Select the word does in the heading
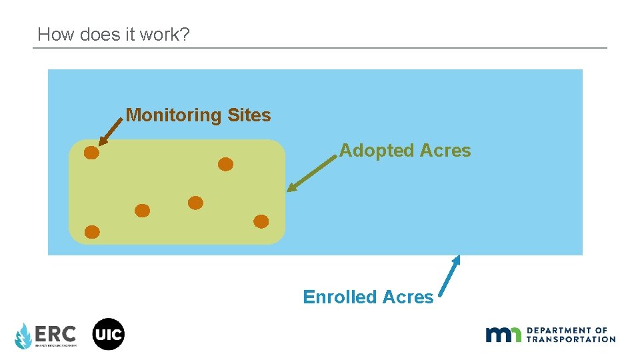point(100,34)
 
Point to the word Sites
point(249,115)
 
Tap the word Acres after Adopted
point(445,151)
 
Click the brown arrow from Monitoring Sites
point(110,132)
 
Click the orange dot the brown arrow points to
point(91,153)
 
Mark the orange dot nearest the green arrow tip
point(261,221)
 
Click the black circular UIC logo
point(108,334)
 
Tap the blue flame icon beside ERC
point(23,336)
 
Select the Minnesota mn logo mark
point(503,334)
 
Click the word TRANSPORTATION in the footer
point(571,339)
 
